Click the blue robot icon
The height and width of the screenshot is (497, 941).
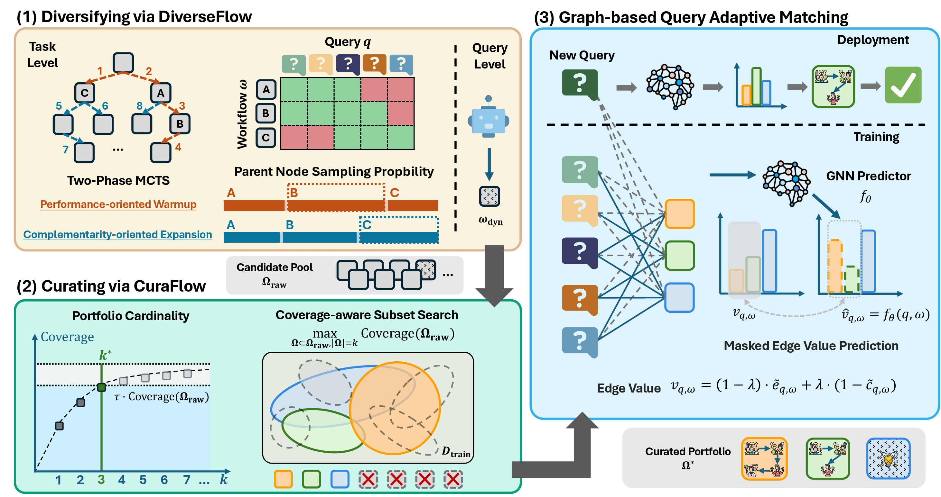tap(489, 116)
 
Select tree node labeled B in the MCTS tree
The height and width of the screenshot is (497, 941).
tap(180, 124)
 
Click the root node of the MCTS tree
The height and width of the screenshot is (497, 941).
tap(123, 63)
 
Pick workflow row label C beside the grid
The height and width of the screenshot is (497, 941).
tap(266, 138)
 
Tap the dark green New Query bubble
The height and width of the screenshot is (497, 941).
tap(580, 84)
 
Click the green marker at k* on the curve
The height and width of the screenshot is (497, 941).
tap(102, 387)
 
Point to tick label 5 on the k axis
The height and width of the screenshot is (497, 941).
tap(143, 480)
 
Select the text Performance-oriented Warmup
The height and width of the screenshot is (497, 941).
tap(118, 204)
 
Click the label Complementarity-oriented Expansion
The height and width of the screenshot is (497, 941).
tap(118, 234)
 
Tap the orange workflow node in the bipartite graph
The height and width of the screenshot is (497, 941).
tap(679, 214)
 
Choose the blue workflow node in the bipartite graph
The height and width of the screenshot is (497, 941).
tap(679, 297)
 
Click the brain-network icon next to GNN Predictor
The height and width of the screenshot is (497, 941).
tap(786, 183)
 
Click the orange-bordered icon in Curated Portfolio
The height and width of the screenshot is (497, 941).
tap(764, 458)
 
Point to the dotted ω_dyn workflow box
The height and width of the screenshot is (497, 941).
tap(489, 196)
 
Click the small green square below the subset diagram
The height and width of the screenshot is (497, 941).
tap(311, 479)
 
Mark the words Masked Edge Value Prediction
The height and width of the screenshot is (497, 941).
tap(811, 346)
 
